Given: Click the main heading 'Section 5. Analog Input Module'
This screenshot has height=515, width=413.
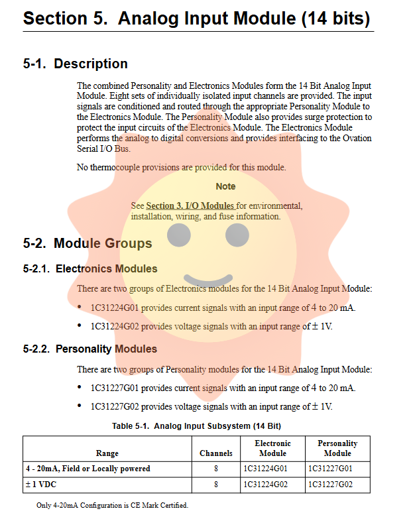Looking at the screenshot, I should (196, 19).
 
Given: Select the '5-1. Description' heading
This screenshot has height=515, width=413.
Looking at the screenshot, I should (75, 64).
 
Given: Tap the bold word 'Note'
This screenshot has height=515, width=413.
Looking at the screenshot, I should (225, 186).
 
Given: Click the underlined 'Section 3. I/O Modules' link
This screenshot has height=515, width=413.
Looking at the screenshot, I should (190, 206).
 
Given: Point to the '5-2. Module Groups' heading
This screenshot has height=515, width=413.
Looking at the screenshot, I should (87, 243).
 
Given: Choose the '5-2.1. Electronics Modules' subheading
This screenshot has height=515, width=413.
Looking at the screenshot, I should (90, 269).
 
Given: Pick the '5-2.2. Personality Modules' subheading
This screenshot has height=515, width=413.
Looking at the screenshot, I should (90, 349).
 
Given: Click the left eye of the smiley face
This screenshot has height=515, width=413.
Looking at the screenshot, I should (178, 235).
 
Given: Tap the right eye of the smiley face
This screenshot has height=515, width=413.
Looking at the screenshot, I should (237, 235).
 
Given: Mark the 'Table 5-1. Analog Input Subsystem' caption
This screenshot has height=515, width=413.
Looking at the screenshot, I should (197, 426).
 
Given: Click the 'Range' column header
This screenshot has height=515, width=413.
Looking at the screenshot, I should (107, 453).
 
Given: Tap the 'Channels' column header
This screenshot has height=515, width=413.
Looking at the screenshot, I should (216, 453).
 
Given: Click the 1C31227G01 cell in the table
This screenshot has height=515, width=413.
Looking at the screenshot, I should (330, 469).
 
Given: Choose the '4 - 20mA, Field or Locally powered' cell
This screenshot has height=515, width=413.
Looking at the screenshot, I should (88, 469).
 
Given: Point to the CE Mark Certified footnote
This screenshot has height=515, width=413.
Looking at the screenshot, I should (112, 506).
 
